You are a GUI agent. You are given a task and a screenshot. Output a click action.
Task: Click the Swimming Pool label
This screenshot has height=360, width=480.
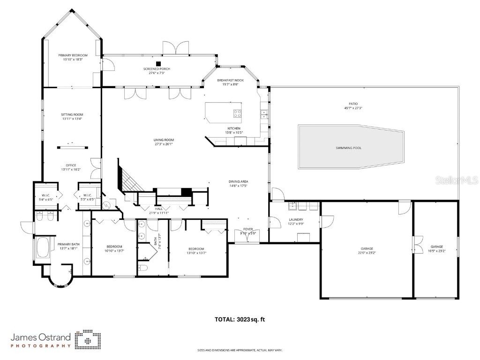pyautogui.click(x=348, y=148)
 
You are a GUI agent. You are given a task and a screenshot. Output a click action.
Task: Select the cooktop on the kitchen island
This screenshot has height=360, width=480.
pyautogui.click(x=237, y=113)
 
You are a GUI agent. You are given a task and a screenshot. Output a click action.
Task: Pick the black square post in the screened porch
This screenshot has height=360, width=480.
pyautogui.click(x=158, y=63)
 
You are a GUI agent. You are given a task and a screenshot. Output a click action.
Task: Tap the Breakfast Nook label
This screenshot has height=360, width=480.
pyautogui.click(x=230, y=80)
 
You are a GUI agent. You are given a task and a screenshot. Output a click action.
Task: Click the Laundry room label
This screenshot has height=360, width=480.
pyautogui.click(x=296, y=219)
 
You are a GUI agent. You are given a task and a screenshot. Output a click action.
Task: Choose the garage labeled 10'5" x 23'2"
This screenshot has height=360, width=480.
pyautogui.click(x=436, y=247)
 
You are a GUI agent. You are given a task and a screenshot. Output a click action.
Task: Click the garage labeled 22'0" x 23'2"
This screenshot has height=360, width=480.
pyautogui.click(x=367, y=248)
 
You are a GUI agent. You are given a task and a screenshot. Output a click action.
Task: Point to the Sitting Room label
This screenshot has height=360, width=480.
pyautogui.click(x=72, y=114)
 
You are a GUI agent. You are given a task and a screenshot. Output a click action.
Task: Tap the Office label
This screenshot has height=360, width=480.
pyautogui.click(x=71, y=165)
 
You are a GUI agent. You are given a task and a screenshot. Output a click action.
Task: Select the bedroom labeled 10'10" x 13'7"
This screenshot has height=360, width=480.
pyautogui.click(x=114, y=247)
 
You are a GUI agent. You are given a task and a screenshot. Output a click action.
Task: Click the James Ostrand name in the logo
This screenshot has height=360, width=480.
pyautogui.click(x=41, y=337)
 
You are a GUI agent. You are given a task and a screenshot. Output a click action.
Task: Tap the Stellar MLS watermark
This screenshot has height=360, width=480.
pyautogui.click(x=462, y=180)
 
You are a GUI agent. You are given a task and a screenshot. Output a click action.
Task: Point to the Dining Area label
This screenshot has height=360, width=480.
pyautogui.click(x=238, y=181)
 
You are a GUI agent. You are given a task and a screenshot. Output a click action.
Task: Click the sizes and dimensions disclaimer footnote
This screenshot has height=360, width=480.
pyautogui.click(x=240, y=350)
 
